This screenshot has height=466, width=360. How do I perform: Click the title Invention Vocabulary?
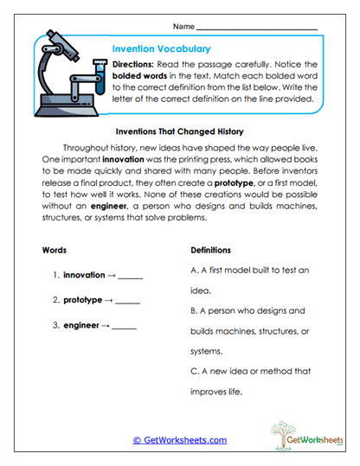[161, 49]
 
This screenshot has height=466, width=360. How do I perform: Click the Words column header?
[54, 250]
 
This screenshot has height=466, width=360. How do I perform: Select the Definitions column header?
[210, 250]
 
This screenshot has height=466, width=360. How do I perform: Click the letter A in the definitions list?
[193, 271]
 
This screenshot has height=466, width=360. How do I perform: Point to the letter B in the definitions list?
[193, 310]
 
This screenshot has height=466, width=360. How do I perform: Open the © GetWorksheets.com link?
[179, 440]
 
